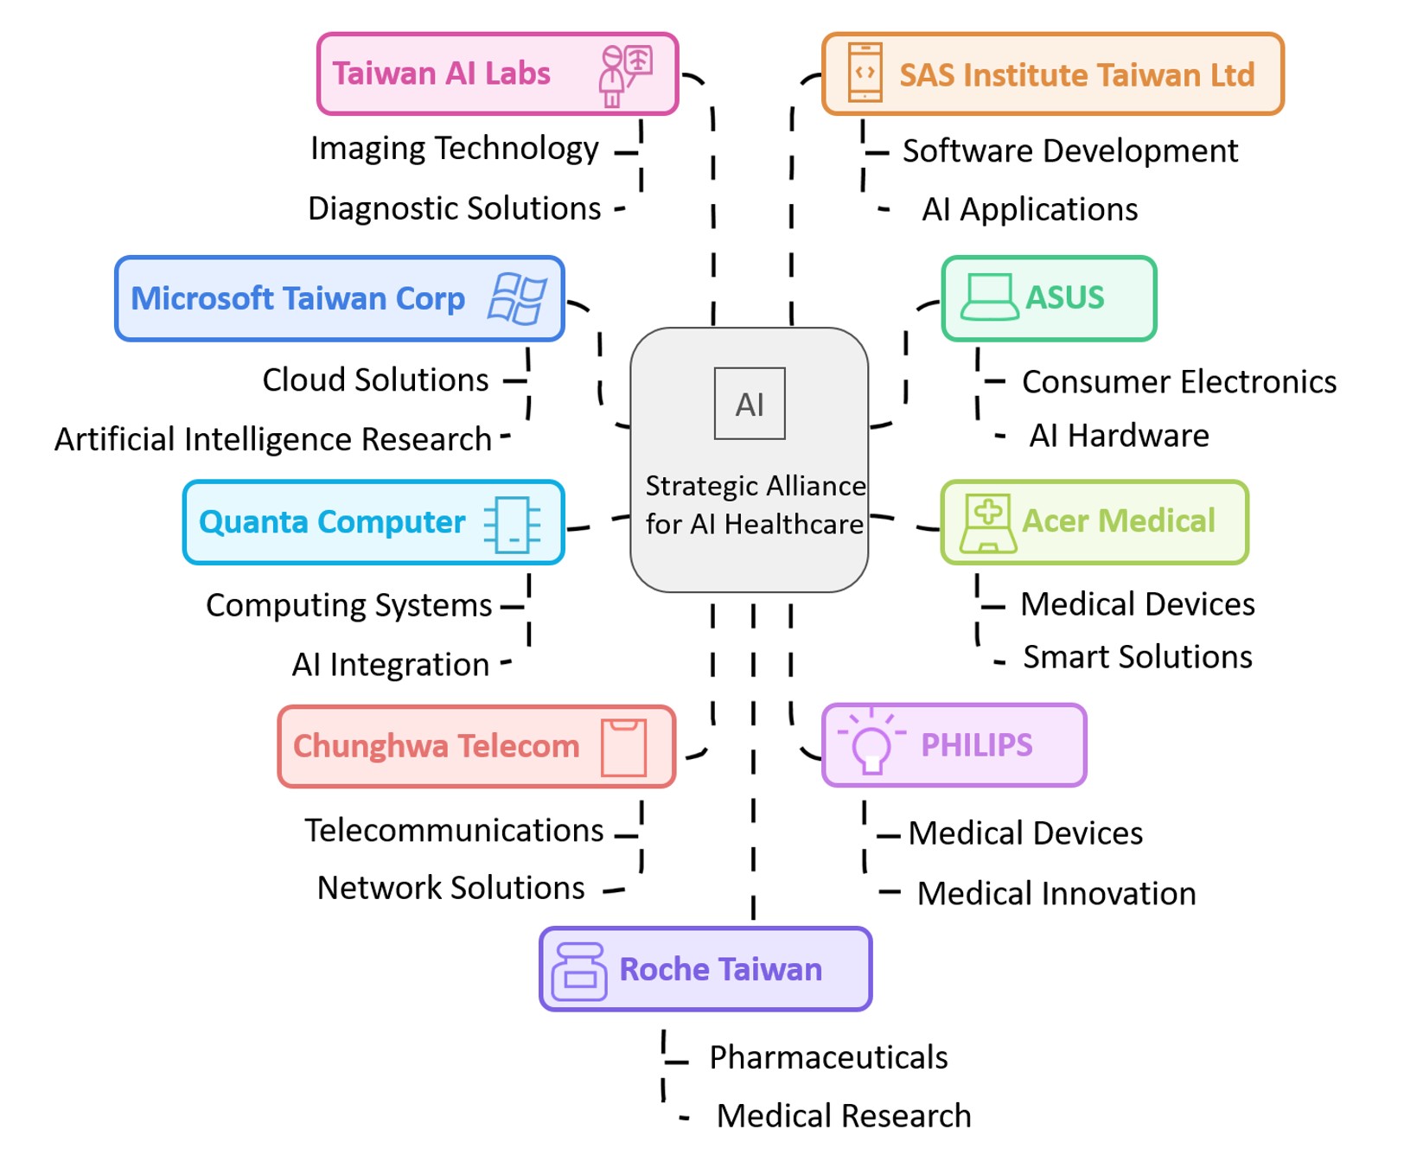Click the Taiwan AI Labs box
497,74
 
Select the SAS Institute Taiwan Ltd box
1052,74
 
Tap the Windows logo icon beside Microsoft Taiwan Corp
517,299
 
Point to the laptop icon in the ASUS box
989,298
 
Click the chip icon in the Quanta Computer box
513,524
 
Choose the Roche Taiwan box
705,969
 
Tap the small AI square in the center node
750,404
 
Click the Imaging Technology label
455,149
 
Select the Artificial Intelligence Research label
273,439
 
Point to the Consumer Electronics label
1179,382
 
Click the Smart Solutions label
1138,657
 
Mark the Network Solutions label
451,888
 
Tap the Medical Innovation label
1056,894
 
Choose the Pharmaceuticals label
828,1057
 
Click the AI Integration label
391,665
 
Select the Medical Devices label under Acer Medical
1138,604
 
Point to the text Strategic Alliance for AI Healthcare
755,505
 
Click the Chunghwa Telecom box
476,747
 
